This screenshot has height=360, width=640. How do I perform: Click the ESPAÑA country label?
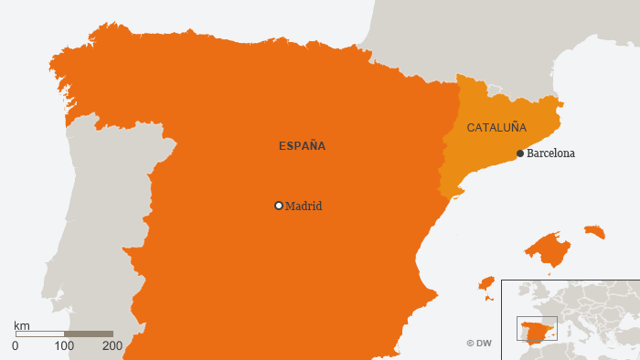[x=302, y=145]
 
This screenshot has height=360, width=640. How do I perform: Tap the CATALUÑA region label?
[x=496, y=127]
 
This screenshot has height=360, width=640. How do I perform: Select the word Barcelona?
[x=550, y=154]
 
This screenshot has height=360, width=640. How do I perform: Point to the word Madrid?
[x=304, y=206]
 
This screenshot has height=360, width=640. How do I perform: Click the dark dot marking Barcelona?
[x=520, y=154]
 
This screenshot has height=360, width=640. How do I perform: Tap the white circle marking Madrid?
[x=279, y=206]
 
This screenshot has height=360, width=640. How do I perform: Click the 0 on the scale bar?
[x=16, y=346]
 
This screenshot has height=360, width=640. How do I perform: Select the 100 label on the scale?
[x=64, y=346]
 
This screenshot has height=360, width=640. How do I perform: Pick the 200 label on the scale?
[x=112, y=346]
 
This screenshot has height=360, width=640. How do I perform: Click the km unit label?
[x=22, y=325]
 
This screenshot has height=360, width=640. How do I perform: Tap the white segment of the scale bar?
[x=39, y=334]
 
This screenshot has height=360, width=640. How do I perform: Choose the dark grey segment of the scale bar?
[x=89, y=334]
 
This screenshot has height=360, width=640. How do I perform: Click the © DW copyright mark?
[x=480, y=344]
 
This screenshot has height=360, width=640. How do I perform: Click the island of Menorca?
[x=594, y=231]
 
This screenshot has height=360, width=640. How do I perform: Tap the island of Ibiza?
[x=486, y=284]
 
